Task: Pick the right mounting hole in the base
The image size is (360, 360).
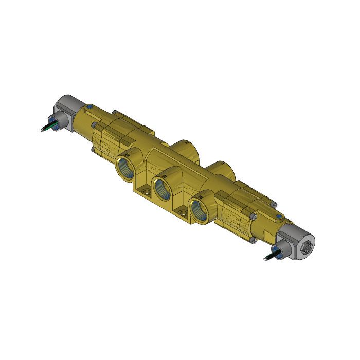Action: pyautogui.click(x=183, y=211)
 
